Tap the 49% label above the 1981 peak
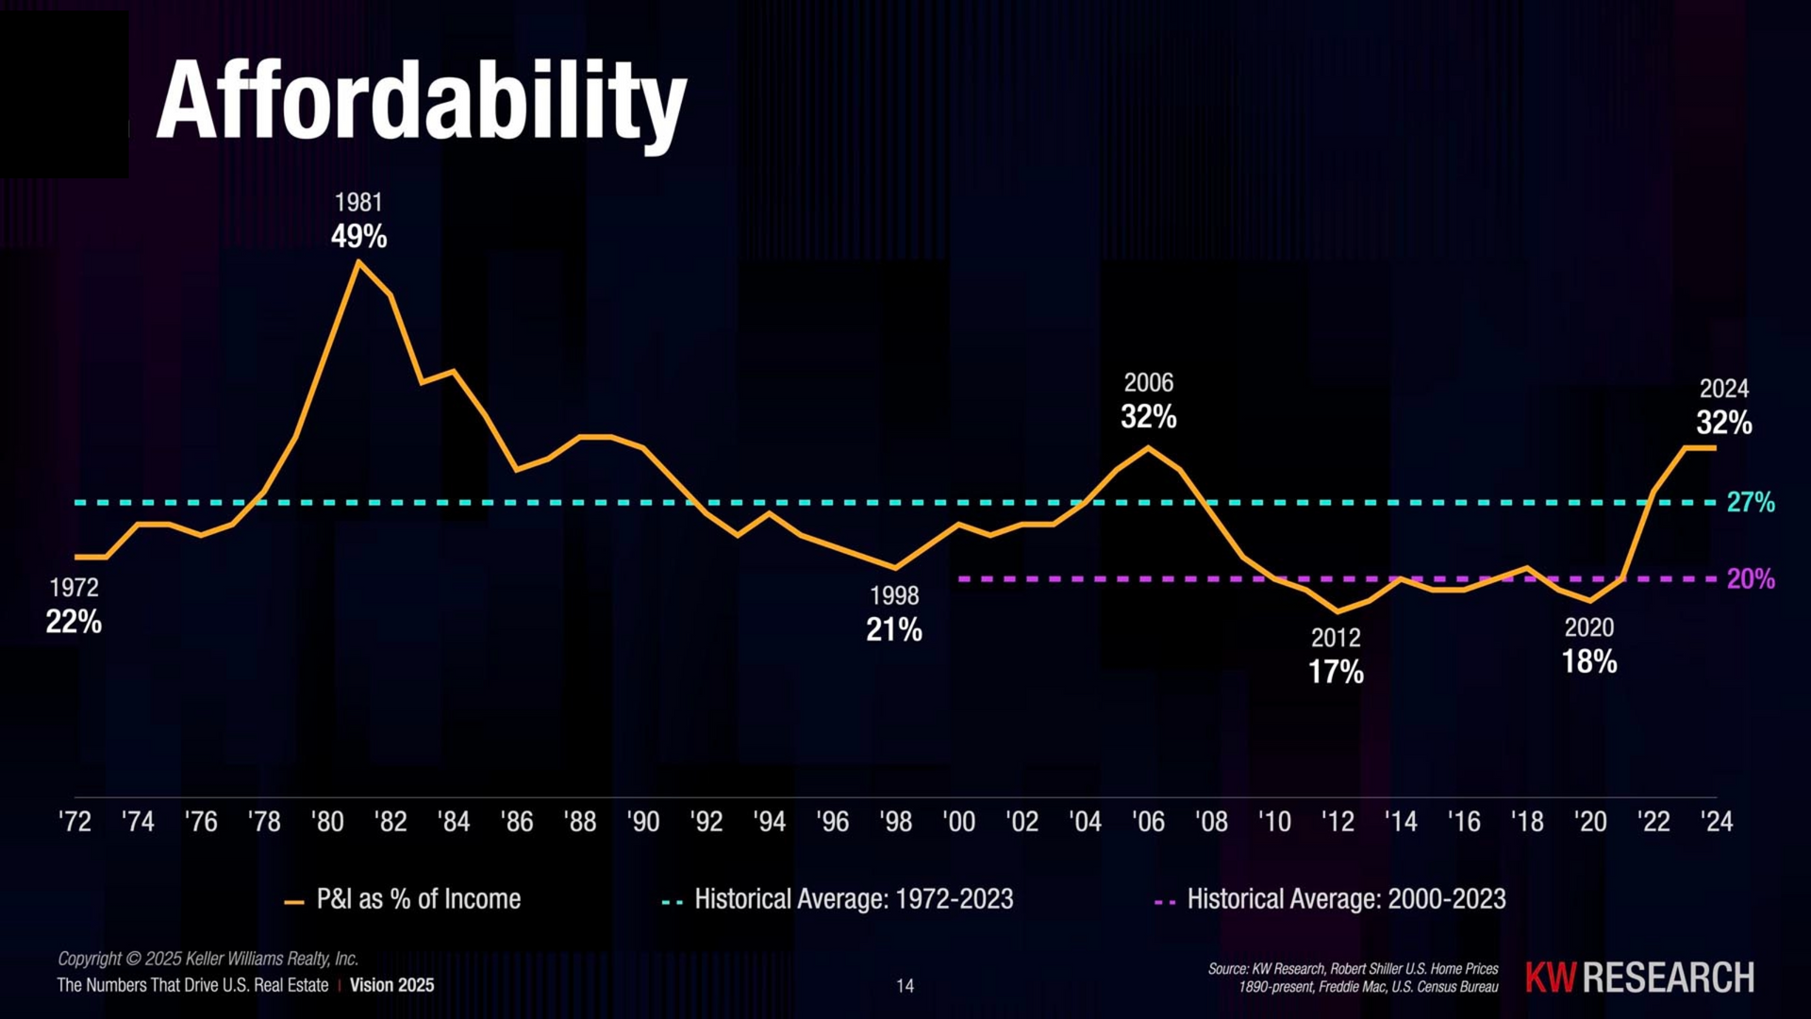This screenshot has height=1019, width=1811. [358, 236]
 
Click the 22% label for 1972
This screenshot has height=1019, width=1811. [74, 622]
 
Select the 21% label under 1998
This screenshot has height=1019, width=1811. [894, 629]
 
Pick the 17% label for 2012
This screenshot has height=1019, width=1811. [1336, 672]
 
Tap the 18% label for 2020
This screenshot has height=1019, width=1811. [1589, 661]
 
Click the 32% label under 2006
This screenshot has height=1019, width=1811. [1148, 416]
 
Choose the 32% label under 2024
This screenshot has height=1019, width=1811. [1724, 422]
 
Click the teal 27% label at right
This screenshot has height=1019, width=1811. [1751, 502]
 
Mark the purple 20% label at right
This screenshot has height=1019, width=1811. [1751, 578]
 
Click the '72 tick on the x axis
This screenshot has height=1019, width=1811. [75, 822]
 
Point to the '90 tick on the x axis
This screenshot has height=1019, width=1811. [643, 822]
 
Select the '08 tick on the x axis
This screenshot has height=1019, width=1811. [1211, 822]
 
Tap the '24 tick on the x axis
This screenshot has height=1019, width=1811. [1717, 822]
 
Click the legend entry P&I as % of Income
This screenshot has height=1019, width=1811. [418, 899]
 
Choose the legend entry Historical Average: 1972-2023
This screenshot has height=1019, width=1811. [854, 899]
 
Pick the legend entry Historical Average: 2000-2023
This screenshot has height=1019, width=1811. [1346, 899]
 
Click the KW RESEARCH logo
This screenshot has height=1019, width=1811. [1639, 977]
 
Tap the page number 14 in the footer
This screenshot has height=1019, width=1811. [905, 986]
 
